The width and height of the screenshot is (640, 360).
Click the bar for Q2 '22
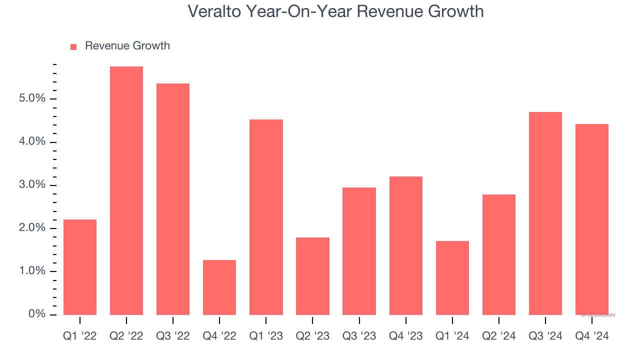(x=126, y=190)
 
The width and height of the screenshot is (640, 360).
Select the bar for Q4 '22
(x=219, y=287)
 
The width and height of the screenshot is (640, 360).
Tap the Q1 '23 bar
(x=266, y=217)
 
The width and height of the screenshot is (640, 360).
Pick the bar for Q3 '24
(x=545, y=213)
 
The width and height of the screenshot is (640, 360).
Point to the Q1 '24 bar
(x=452, y=277)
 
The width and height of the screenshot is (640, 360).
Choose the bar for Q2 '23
(x=312, y=276)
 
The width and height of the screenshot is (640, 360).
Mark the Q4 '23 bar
(x=405, y=245)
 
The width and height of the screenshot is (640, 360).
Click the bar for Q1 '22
(x=80, y=267)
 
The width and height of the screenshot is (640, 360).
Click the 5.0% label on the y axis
(x=32, y=99)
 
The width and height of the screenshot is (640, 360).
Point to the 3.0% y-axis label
(x=32, y=185)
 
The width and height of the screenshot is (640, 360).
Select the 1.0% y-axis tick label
(x=32, y=271)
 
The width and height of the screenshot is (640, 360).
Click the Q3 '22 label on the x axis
(x=173, y=336)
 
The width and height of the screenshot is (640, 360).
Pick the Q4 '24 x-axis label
(x=591, y=336)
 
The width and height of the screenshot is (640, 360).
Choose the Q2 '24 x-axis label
(x=498, y=336)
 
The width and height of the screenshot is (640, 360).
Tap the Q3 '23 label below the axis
(x=359, y=336)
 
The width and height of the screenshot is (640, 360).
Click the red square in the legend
(x=73, y=46)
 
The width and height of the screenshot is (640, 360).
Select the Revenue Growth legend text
(x=127, y=46)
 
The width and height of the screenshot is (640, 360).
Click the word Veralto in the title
(x=214, y=11)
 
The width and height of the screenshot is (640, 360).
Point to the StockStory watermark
(x=598, y=315)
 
